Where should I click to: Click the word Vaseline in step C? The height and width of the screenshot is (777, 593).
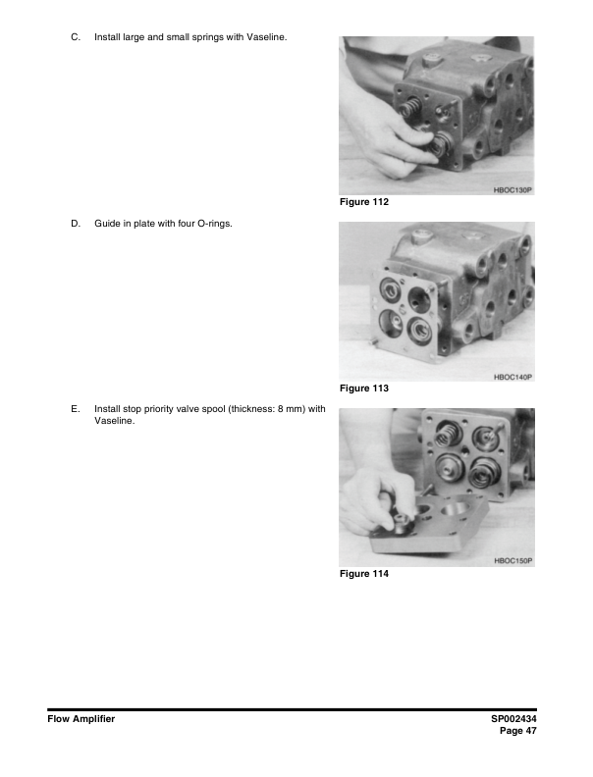(267, 37)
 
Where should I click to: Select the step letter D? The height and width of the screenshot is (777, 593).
(76, 224)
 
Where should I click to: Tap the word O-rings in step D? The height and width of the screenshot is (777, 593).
(215, 224)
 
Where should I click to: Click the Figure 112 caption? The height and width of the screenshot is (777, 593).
(364, 202)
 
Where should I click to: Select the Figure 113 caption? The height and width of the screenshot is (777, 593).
(364, 388)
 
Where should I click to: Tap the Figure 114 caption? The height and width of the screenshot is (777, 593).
(364, 574)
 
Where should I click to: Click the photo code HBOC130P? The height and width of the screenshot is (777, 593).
(512, 190)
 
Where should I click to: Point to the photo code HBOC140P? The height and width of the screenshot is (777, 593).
(512, 377)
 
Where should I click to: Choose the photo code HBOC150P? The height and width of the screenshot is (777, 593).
(512, 561)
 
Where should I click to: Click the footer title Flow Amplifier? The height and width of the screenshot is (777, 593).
(81, 719)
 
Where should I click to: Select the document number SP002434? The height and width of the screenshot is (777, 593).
(513, 719)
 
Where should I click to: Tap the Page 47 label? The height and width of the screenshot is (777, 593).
(518, 731)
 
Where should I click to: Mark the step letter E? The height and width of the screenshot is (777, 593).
(76, 409)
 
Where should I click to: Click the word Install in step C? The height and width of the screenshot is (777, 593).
(107, 37)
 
